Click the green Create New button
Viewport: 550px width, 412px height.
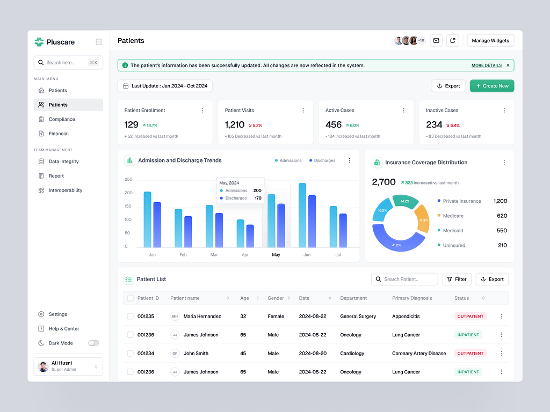(491, 86)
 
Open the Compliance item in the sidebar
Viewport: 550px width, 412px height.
(61, 119)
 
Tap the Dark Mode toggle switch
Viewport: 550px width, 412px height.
(93, 343)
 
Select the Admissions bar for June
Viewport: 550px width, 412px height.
(302, 215)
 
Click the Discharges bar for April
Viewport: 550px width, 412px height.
(250, 236)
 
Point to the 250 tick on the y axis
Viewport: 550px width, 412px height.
(128, 180)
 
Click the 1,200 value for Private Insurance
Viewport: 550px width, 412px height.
(500, 201)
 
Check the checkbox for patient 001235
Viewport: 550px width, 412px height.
(130, 317)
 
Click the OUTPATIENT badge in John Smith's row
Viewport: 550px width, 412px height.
(470, 354)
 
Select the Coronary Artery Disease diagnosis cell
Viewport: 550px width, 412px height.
(419, 354)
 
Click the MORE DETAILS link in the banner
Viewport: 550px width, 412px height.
(486, 65)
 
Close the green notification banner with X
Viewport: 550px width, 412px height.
(508, 65)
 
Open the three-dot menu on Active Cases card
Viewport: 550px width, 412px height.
(403, 110)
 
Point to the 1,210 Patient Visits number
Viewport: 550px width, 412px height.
(234, 124)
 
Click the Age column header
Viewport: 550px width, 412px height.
(245, 298)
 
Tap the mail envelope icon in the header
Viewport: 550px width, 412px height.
(436, 41)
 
